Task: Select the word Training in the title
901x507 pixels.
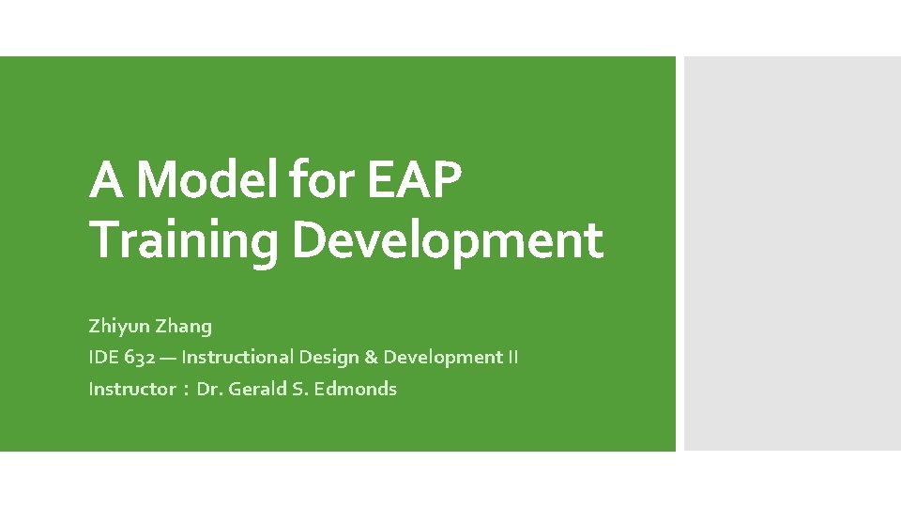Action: click(183, 240)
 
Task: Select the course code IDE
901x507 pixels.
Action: click(103, 358)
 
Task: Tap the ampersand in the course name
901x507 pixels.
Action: click(371, 358)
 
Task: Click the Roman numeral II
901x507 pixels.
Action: click(512, 358)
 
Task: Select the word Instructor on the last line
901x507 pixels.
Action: click(131, 389)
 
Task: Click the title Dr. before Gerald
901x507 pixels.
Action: click(210, 389)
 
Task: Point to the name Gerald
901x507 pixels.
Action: click(256, 389)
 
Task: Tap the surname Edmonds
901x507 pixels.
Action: click(356, 389)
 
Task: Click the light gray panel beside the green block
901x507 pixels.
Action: click(791, 253)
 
